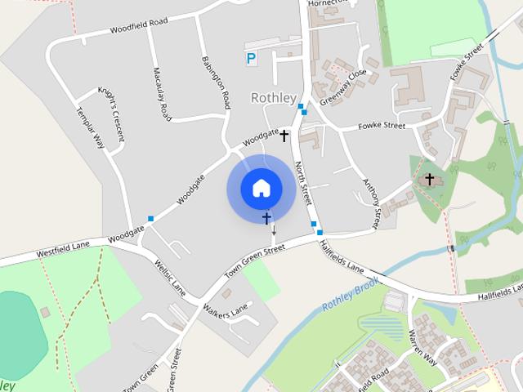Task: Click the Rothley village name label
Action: pos(273,98)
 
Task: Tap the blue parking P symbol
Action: pos(251,58)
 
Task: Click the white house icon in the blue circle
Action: pos(261,188)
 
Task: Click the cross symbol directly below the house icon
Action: pos(266,218)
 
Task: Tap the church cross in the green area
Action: pos(429,179)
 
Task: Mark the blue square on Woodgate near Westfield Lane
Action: pos(150,218)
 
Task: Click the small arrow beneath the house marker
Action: pos(273,232)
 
